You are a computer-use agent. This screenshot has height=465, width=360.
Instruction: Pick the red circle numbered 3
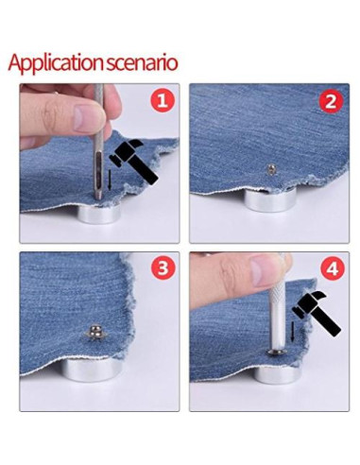(x=163, y=268)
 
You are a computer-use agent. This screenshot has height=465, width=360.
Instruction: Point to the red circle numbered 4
(x=331, y=268)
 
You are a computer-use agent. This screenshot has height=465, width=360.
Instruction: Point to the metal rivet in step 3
(x=94, y=333)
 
